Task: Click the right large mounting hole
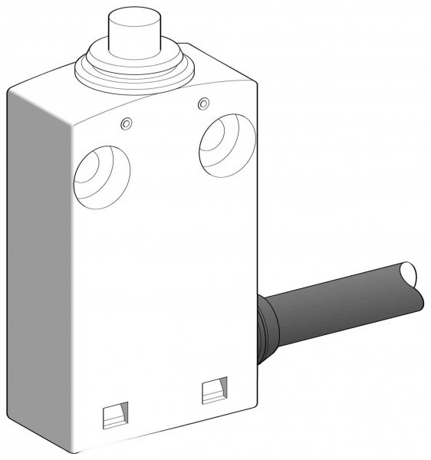click(226, 146)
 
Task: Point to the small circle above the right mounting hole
click(202, 103)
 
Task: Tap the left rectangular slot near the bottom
click(115, 416)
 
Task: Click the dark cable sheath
click(337, 296)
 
